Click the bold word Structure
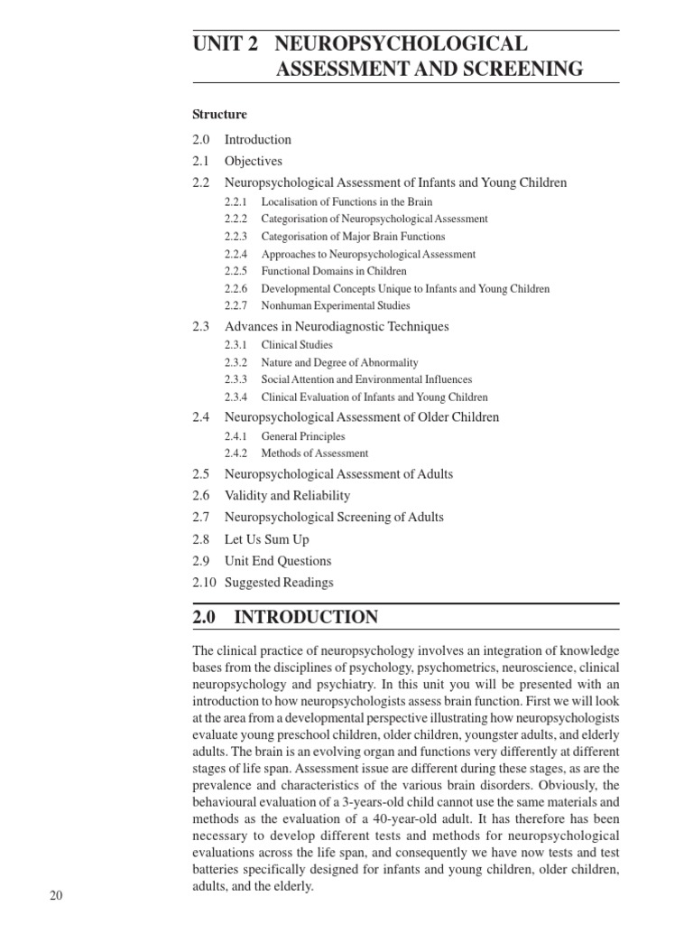(219, 115)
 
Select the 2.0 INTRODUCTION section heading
(285, 617)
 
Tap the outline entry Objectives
(254, 161)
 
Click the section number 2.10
(205, 583)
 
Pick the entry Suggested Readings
(279, 583)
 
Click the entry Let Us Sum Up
(267, 539)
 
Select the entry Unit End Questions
(278, 561)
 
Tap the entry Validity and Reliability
(288, 496)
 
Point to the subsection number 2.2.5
(236, 271)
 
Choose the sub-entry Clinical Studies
(297, 345)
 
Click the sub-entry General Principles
(303, 436)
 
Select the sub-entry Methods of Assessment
(315, 453)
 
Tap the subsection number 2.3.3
(236, 380)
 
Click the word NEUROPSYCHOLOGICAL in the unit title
(402, 43)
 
